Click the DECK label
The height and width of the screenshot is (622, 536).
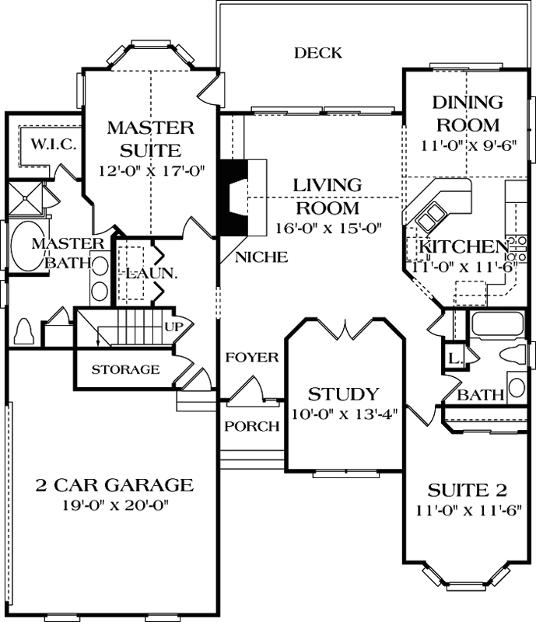point(317,53)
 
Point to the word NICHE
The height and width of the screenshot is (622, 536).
point(261,257)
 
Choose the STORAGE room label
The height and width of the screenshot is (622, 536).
point(125,369)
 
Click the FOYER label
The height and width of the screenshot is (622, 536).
point(251,357)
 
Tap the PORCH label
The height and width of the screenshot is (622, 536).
point(251,426)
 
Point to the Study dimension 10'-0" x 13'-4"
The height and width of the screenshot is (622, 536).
point(343,414)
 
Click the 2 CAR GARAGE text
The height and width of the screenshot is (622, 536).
point(114,485)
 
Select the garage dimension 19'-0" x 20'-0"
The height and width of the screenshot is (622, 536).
point(114,505)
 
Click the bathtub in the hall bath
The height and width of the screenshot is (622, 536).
point(493,324)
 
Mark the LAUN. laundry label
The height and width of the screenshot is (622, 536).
point(149,274)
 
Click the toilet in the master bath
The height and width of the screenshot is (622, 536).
point(23,331)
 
